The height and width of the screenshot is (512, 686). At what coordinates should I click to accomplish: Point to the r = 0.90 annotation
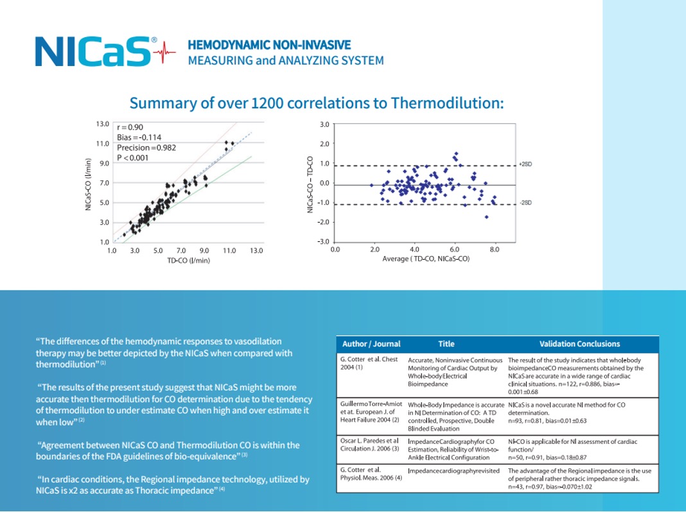point(130,127)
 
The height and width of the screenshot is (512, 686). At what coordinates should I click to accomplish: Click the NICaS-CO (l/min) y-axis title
point(88,184)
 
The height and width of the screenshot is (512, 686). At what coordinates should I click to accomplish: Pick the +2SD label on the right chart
point(525,164)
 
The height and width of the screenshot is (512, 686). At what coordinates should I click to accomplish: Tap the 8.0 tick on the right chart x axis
point(493,248)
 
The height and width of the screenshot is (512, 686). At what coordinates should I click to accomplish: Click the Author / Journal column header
point(371,344)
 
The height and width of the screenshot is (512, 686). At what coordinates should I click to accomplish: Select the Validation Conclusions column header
point(579,344)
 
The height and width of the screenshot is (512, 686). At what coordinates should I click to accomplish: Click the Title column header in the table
point(446,344)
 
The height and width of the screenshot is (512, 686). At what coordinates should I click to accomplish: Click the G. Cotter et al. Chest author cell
point(369,364)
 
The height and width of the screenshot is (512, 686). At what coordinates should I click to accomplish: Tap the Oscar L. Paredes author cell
point(369,445)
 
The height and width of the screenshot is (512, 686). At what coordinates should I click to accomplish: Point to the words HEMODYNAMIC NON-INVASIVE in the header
point(269,46)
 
